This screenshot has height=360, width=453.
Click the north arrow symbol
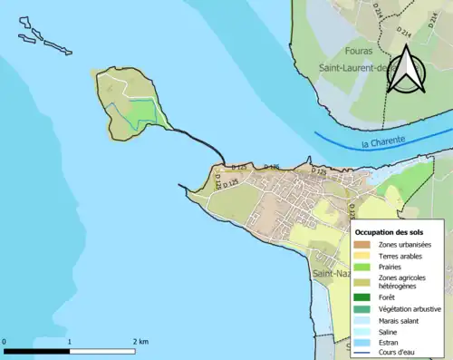tap(407, 71)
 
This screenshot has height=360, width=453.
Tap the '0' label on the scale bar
tap(5, 341)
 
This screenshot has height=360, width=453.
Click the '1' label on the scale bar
tap(71, 341)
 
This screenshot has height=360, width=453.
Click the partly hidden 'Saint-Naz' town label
tap(331, 273)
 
